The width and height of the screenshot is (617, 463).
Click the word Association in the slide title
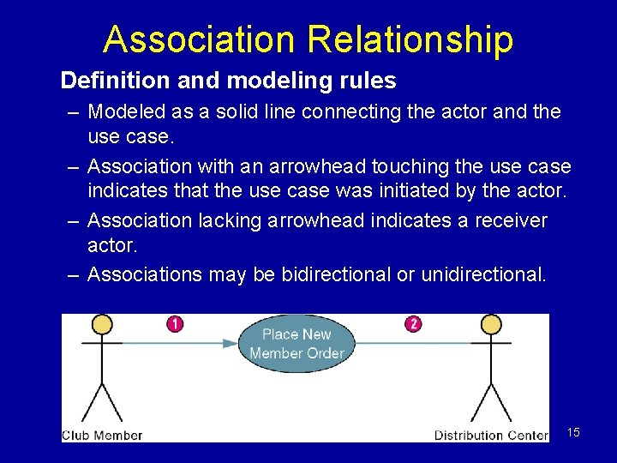[x=198, y=39]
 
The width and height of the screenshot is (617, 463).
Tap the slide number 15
[x=573, y=432]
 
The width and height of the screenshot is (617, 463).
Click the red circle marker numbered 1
[x=175, y=324]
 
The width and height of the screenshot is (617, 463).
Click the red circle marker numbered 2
[x=414, y=324]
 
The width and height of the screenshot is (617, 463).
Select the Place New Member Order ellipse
[x=297, y=344]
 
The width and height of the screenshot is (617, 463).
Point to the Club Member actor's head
[x=102, y=324]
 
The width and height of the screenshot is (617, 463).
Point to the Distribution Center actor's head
[x=491, y=324]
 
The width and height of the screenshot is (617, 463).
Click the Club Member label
[x=102, y=435]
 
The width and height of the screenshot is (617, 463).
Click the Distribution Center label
[x=491, y=435]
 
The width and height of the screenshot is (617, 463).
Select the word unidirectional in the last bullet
[x=486, y=274]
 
